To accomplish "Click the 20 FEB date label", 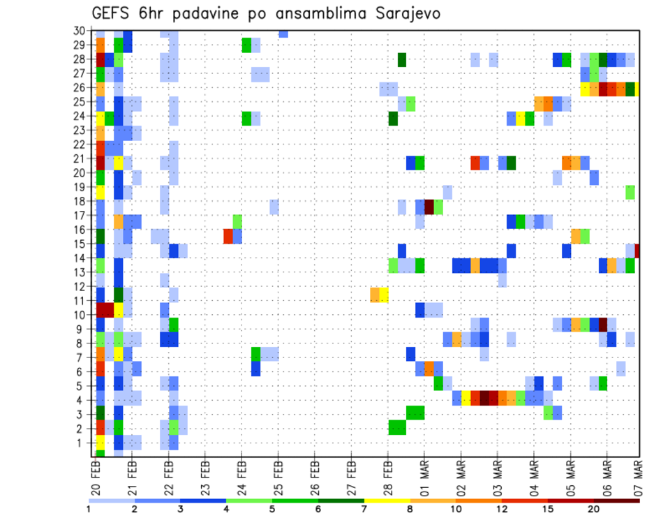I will pos(96,475).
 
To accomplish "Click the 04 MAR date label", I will pos(533,475).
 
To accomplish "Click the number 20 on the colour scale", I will pos(594,509).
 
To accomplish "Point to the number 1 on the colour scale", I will pos(89,509).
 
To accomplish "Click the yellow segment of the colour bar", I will pos(387,500).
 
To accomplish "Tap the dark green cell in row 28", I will pos(402,59).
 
